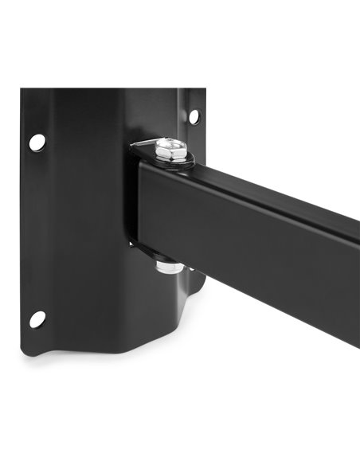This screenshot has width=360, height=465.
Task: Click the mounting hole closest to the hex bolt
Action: tap(193, 117)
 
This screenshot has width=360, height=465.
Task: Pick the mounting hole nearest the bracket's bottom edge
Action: tap(37, 318)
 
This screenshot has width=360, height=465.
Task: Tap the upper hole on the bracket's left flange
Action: tap(37, 143)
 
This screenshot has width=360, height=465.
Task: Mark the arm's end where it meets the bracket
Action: tap(138, 207)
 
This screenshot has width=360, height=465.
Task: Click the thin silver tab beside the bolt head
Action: tap(143, 143)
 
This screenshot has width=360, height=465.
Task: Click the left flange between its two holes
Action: tap(37, 231)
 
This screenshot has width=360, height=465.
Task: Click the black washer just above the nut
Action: tap(163, 258)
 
